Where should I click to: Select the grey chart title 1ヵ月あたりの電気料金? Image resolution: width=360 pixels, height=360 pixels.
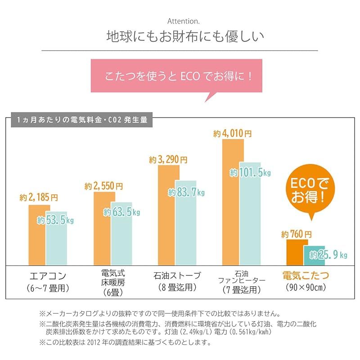81,121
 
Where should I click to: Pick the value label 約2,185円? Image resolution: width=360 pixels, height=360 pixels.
39,198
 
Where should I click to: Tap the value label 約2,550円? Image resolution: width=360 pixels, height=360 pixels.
103,185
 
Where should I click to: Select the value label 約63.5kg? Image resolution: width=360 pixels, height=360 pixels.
121,212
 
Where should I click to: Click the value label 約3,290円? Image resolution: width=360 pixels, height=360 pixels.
168,159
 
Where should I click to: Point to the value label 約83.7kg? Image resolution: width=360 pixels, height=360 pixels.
186,192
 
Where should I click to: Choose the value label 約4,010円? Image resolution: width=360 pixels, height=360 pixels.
232,133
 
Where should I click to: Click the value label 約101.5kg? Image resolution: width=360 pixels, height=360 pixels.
250,172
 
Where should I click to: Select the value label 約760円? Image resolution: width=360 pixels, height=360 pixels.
296,234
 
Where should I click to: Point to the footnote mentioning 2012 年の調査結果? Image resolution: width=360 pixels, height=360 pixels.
125,342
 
